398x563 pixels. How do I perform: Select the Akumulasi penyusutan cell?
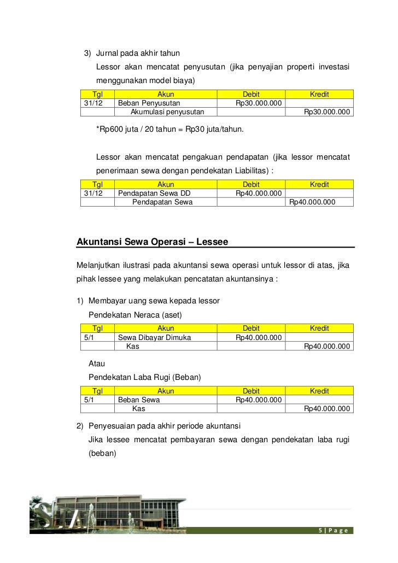pos(167,112)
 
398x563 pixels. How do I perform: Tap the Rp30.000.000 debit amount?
pos(258,103)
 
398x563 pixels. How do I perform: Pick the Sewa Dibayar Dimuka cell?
pos(155,338)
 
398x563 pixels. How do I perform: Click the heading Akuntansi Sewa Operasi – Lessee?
pos(153,241)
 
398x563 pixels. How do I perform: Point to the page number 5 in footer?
pos(320,531)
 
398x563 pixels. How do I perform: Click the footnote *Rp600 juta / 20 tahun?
pos(170,130)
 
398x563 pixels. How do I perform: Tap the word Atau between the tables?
pos(97,363)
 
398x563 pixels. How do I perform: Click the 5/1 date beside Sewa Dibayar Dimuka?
pos(89,338)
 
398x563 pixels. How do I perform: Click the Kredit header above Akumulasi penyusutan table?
pos(319,94)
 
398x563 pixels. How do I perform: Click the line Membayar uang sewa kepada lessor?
pos(154,301)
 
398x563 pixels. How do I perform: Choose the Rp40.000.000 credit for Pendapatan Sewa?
pos(312,202)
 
